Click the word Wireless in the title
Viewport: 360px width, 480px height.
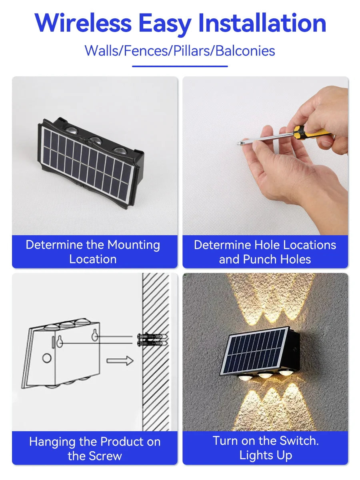(x=83, y=23)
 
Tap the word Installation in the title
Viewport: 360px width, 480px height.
(x=262, y=23)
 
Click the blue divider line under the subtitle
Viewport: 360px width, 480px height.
(x=180, y=66)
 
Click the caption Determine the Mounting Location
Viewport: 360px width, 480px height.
(x=93, y=252)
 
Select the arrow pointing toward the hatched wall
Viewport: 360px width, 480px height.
(x=120, y=360)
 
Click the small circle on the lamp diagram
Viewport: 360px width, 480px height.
(x=47, y=358)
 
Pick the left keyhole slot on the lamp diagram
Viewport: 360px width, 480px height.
(x=60, y=341)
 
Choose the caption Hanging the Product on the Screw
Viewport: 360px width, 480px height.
(x=95, y=448)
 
